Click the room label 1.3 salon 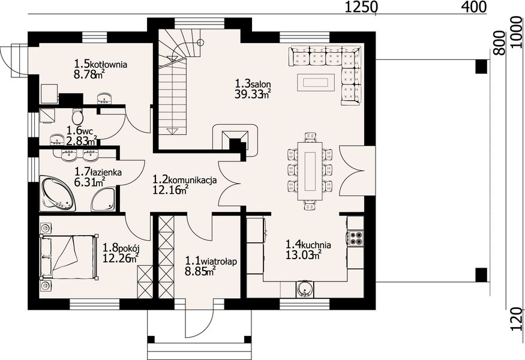(253, 83)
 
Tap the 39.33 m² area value (253, 94)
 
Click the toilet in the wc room (77, 116)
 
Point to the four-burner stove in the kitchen (356, 238)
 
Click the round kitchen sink (305, 289)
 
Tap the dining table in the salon (310, 171)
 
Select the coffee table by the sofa (316, 82)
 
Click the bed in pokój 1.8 (68, 257)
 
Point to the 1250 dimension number (361, 7)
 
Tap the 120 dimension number (518, 319)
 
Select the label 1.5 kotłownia (100, 64)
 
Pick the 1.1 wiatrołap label (211, 261)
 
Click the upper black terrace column (481, 67)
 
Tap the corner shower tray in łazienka (104, 200)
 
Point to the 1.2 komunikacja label (184, 179)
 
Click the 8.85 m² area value (200, 271)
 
